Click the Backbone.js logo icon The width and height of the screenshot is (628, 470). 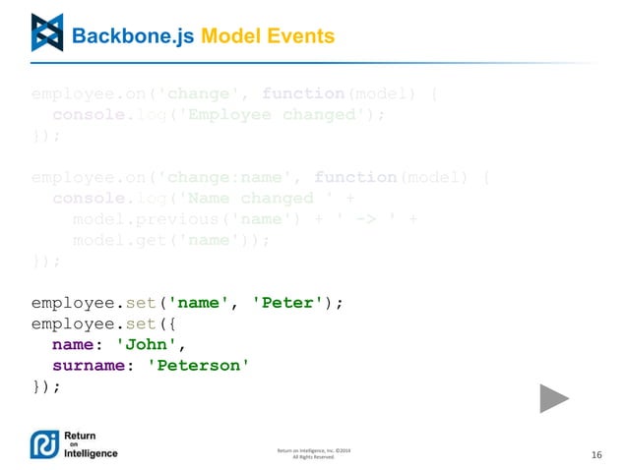[46, 32]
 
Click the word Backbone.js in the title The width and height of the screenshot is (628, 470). [134, 36]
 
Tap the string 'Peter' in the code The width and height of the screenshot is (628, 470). [289, 303]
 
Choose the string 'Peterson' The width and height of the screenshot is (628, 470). [196, 366]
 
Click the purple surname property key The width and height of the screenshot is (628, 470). [90, 366]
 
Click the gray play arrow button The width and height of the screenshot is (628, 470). [554, 397]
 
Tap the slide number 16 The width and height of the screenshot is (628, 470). [596, 454]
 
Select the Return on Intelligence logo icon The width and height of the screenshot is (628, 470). [45, 444]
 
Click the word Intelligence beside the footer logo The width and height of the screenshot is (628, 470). [91, 453]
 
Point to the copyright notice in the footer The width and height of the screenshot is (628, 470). [314, 453]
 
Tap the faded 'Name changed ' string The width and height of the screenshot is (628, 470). [250, 199]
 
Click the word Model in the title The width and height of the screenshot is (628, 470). [232, 36]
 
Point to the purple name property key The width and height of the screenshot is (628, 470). [73, 345]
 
